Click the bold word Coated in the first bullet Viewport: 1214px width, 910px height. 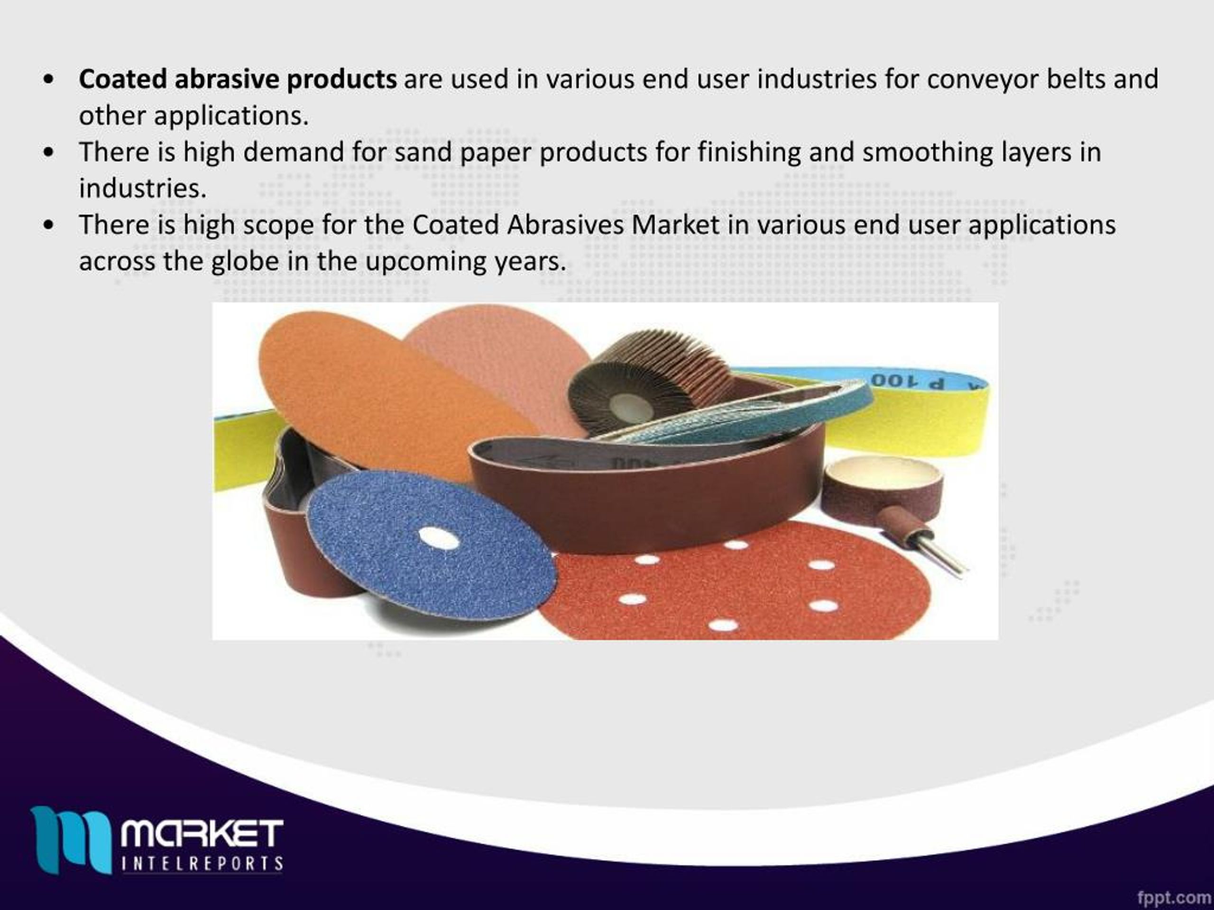pos(122,80)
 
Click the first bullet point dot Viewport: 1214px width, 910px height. pos(49,80)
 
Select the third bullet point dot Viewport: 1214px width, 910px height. pos(49,226)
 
